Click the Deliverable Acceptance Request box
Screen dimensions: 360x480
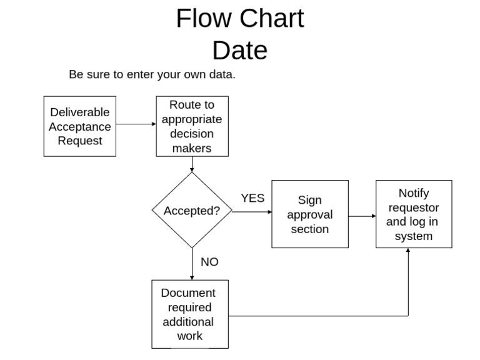79,126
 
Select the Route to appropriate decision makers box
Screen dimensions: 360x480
192,126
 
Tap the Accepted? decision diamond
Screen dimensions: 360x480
192,211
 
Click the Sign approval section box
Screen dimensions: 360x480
310,214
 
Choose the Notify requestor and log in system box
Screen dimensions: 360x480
413,214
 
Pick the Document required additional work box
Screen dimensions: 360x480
190,314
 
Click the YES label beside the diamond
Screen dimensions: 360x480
252,198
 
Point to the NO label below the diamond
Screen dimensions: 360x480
209,262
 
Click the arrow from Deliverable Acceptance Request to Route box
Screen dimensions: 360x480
136,124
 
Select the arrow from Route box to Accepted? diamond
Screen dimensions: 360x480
192,164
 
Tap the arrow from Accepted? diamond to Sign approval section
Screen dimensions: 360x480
252,212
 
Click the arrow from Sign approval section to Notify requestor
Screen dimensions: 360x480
362,216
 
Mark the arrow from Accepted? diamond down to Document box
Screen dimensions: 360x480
192,264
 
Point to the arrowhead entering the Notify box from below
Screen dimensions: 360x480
408,251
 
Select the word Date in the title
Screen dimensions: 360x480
239,50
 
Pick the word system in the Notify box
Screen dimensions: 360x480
413,236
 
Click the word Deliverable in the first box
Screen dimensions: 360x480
79,112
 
